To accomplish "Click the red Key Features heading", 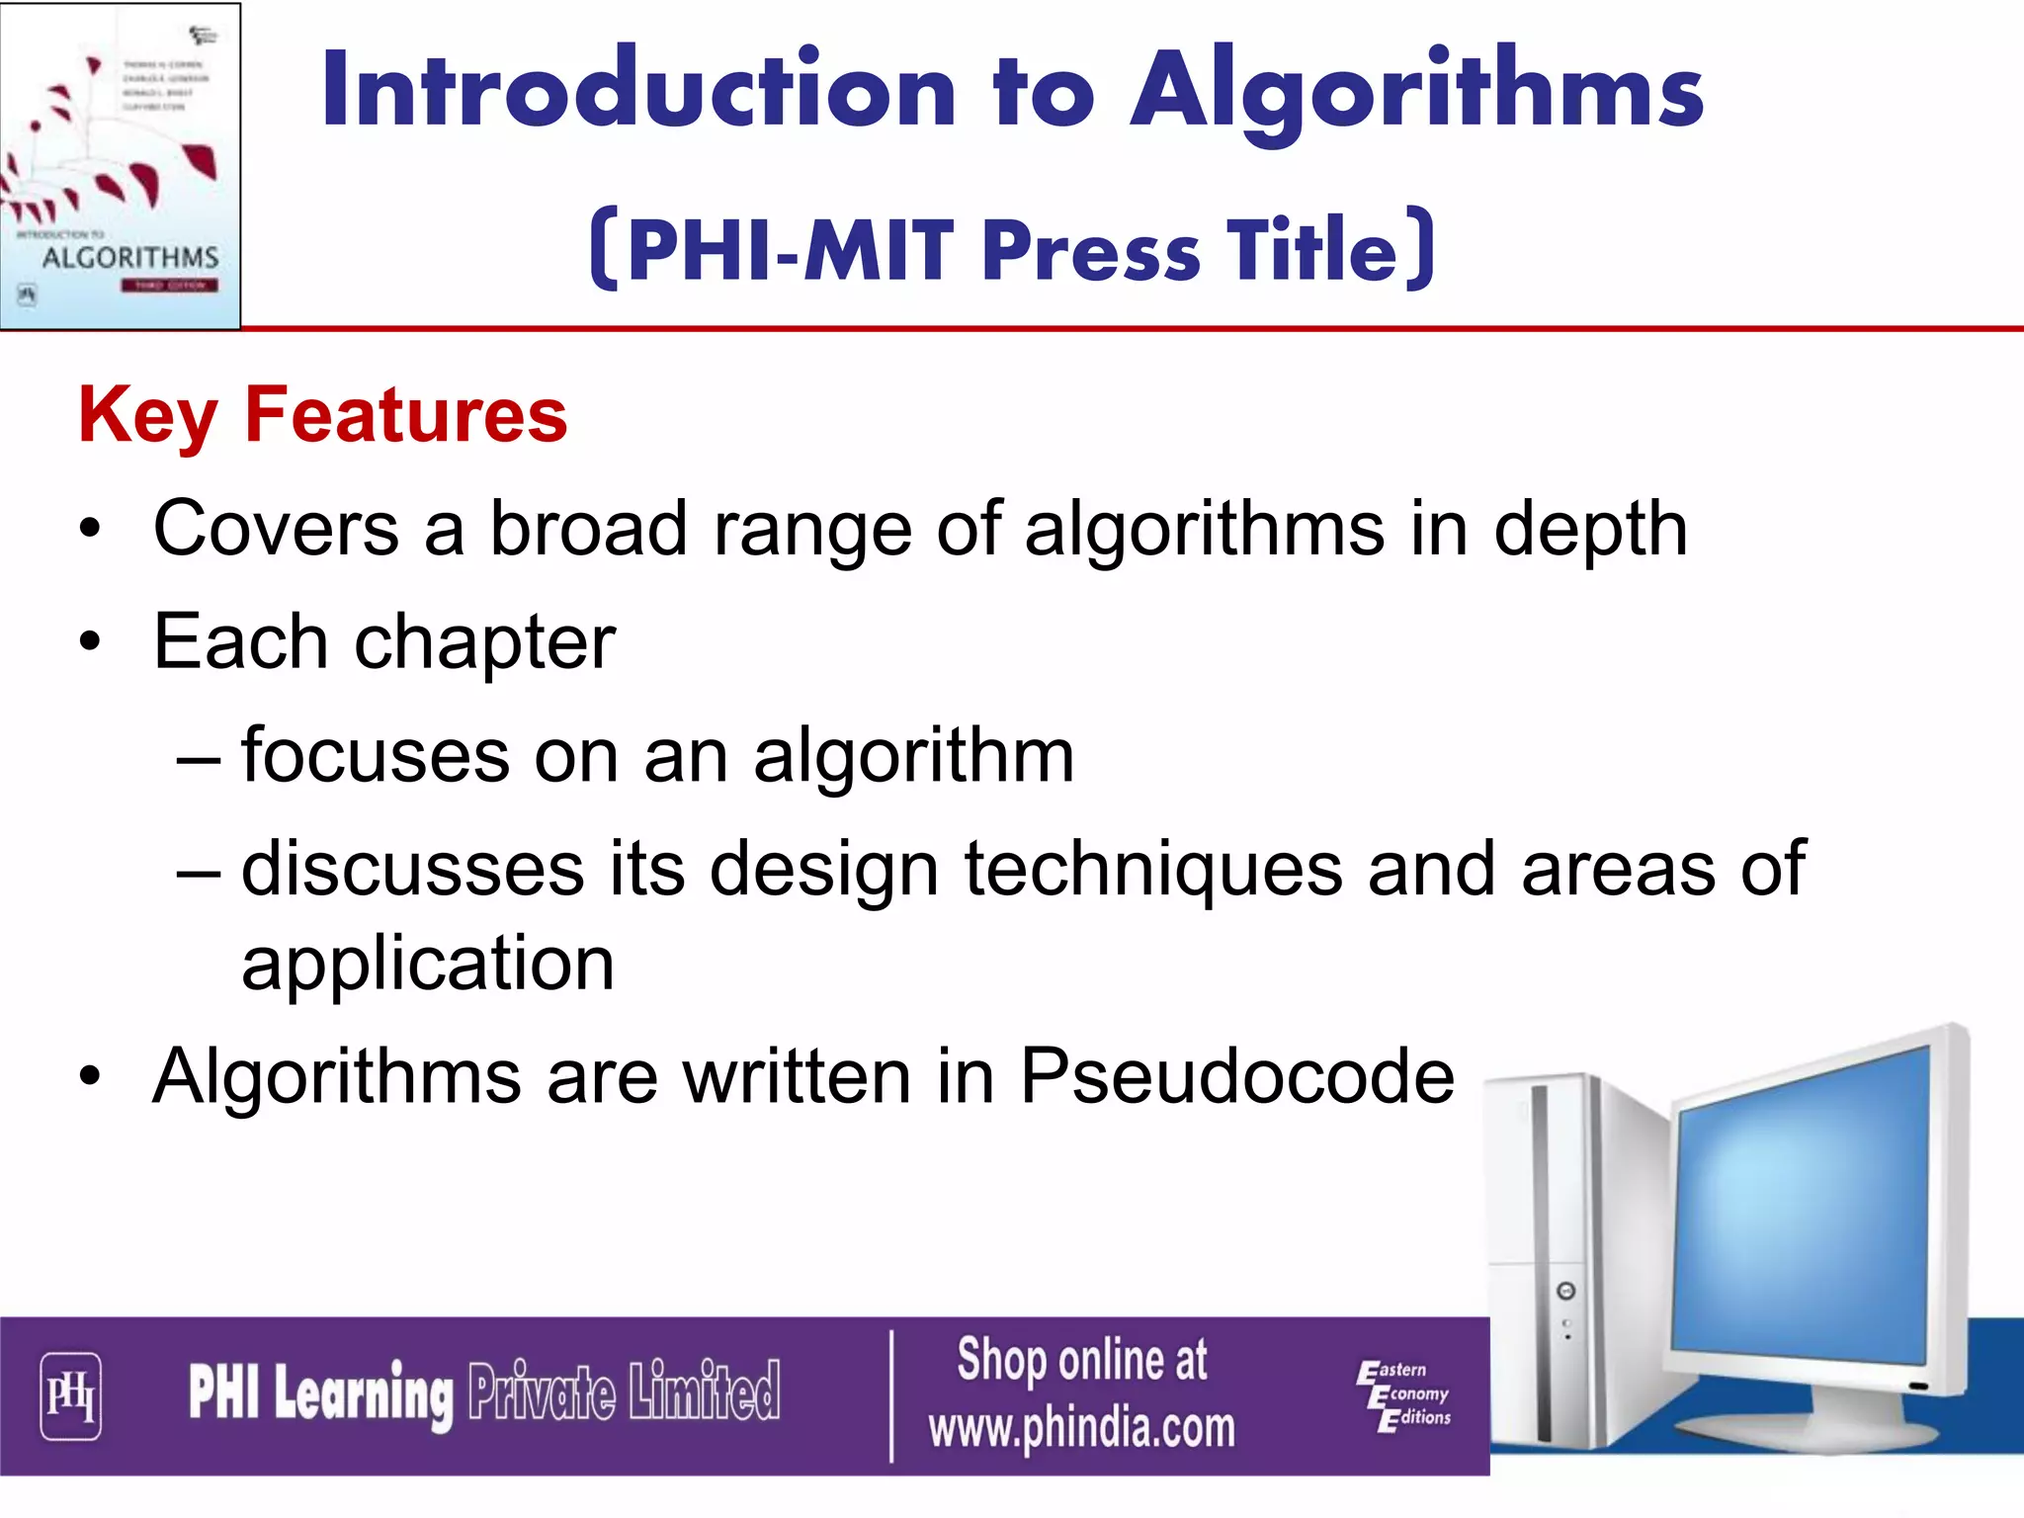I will point(323,415).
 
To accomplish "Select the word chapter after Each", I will point(484,643).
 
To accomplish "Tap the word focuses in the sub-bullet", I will point(376,756).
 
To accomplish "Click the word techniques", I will point(1152,870).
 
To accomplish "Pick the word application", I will point(428,964).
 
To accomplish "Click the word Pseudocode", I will point(1236,1076).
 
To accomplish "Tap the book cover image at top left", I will point(120,165).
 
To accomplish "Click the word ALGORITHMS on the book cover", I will point(130,258).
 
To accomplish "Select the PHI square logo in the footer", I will point(70,1395).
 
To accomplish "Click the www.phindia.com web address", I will point(1081,1428).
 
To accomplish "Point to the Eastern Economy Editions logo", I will point(1404,1394).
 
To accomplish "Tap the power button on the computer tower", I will point(1565,1292).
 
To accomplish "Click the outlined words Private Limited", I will point(624,1391).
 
